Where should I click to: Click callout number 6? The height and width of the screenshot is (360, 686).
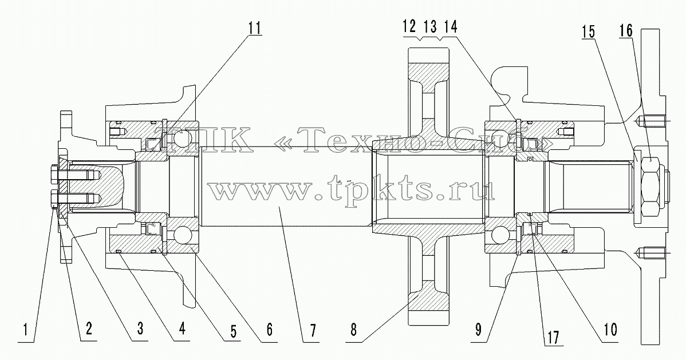(269, 330)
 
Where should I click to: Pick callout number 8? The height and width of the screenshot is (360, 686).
(354, 330)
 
